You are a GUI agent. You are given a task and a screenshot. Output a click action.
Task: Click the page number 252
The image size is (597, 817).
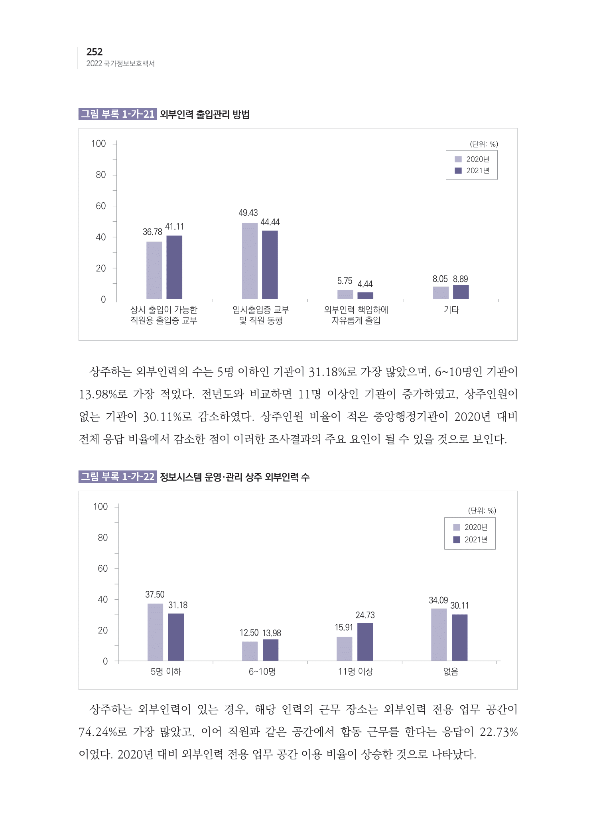(x=95, y=52)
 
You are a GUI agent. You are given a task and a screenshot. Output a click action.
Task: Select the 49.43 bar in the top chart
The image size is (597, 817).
(x=250, y=260)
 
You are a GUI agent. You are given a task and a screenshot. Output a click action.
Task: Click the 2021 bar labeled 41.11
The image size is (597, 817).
(x=174, y=267)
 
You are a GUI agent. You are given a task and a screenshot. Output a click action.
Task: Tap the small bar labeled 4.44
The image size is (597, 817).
(x=365, y=295)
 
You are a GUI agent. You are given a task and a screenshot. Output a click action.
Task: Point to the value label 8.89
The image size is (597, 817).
(x=460, y=279)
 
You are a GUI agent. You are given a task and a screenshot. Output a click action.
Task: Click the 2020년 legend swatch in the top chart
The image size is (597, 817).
(x=458, y=159)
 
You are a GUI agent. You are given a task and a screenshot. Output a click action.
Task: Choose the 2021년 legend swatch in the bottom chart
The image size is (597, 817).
(x=457, y=539)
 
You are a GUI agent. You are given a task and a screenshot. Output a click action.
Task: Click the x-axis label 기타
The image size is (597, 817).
(x=451, y=310)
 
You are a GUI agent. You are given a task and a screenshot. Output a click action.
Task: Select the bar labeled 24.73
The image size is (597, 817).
(x=365, y=641)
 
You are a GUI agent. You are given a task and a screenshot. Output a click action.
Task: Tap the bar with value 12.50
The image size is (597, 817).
(x=250, y=651)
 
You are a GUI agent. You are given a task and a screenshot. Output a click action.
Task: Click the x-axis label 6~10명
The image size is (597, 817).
(x=262, y=672)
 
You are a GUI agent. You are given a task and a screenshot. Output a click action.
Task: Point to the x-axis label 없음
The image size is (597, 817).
(x=451, y=672)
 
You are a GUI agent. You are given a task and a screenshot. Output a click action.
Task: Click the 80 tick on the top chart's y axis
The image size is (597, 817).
(x=101, y=175)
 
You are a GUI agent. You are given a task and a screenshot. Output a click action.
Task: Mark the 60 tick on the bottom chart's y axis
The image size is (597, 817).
(x=103, y=568)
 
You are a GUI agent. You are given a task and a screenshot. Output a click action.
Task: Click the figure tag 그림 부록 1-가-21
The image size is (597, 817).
(x=118, y=114)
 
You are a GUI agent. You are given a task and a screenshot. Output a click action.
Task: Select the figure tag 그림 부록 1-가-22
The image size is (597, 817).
(x=118, y=477)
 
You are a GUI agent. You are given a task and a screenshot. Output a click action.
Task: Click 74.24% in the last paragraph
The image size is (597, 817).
(x=99, y=732)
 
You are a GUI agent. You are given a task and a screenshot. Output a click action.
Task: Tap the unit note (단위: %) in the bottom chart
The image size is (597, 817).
(x=482, y=511)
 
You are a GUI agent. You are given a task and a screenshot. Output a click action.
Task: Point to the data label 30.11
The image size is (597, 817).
(x=459, y=606)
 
